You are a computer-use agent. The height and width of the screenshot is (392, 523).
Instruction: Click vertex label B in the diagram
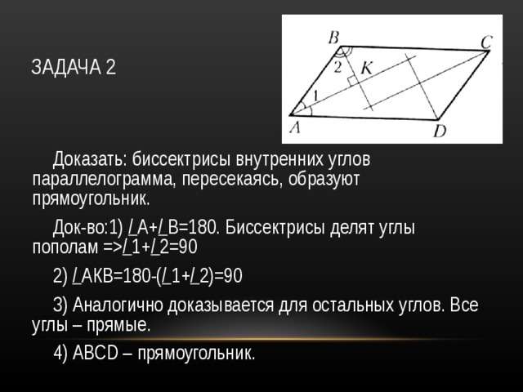pyautogui.click(x=333, y=38)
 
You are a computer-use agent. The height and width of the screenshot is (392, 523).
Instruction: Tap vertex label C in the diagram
pyautogui.click(x=486, y=42)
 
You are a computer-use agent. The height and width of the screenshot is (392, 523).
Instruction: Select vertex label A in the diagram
pyautogui.click(x=295, y=127)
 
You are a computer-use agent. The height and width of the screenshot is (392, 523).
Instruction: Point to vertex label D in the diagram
pyautogui.click(x=440, y=131)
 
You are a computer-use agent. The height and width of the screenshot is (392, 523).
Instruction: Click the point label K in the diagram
pyautogui.click(x=366, y=69)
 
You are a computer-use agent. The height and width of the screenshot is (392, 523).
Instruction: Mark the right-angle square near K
pyautogui.click(x=352, y=82)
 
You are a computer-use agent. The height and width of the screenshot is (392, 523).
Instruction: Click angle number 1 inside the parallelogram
pyautogui.click(x=315, y=96)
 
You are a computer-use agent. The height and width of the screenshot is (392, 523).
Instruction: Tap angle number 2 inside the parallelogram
pyautogui.click(x=337, y=68)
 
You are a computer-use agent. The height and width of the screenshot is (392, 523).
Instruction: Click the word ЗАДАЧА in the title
pyautogui.click(x=65, y=67)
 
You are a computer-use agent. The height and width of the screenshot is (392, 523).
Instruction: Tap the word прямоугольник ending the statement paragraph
pyautogui.click(x=91, y=199)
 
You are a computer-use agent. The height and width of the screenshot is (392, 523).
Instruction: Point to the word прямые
pyautogui.click(x=118, y=325)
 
